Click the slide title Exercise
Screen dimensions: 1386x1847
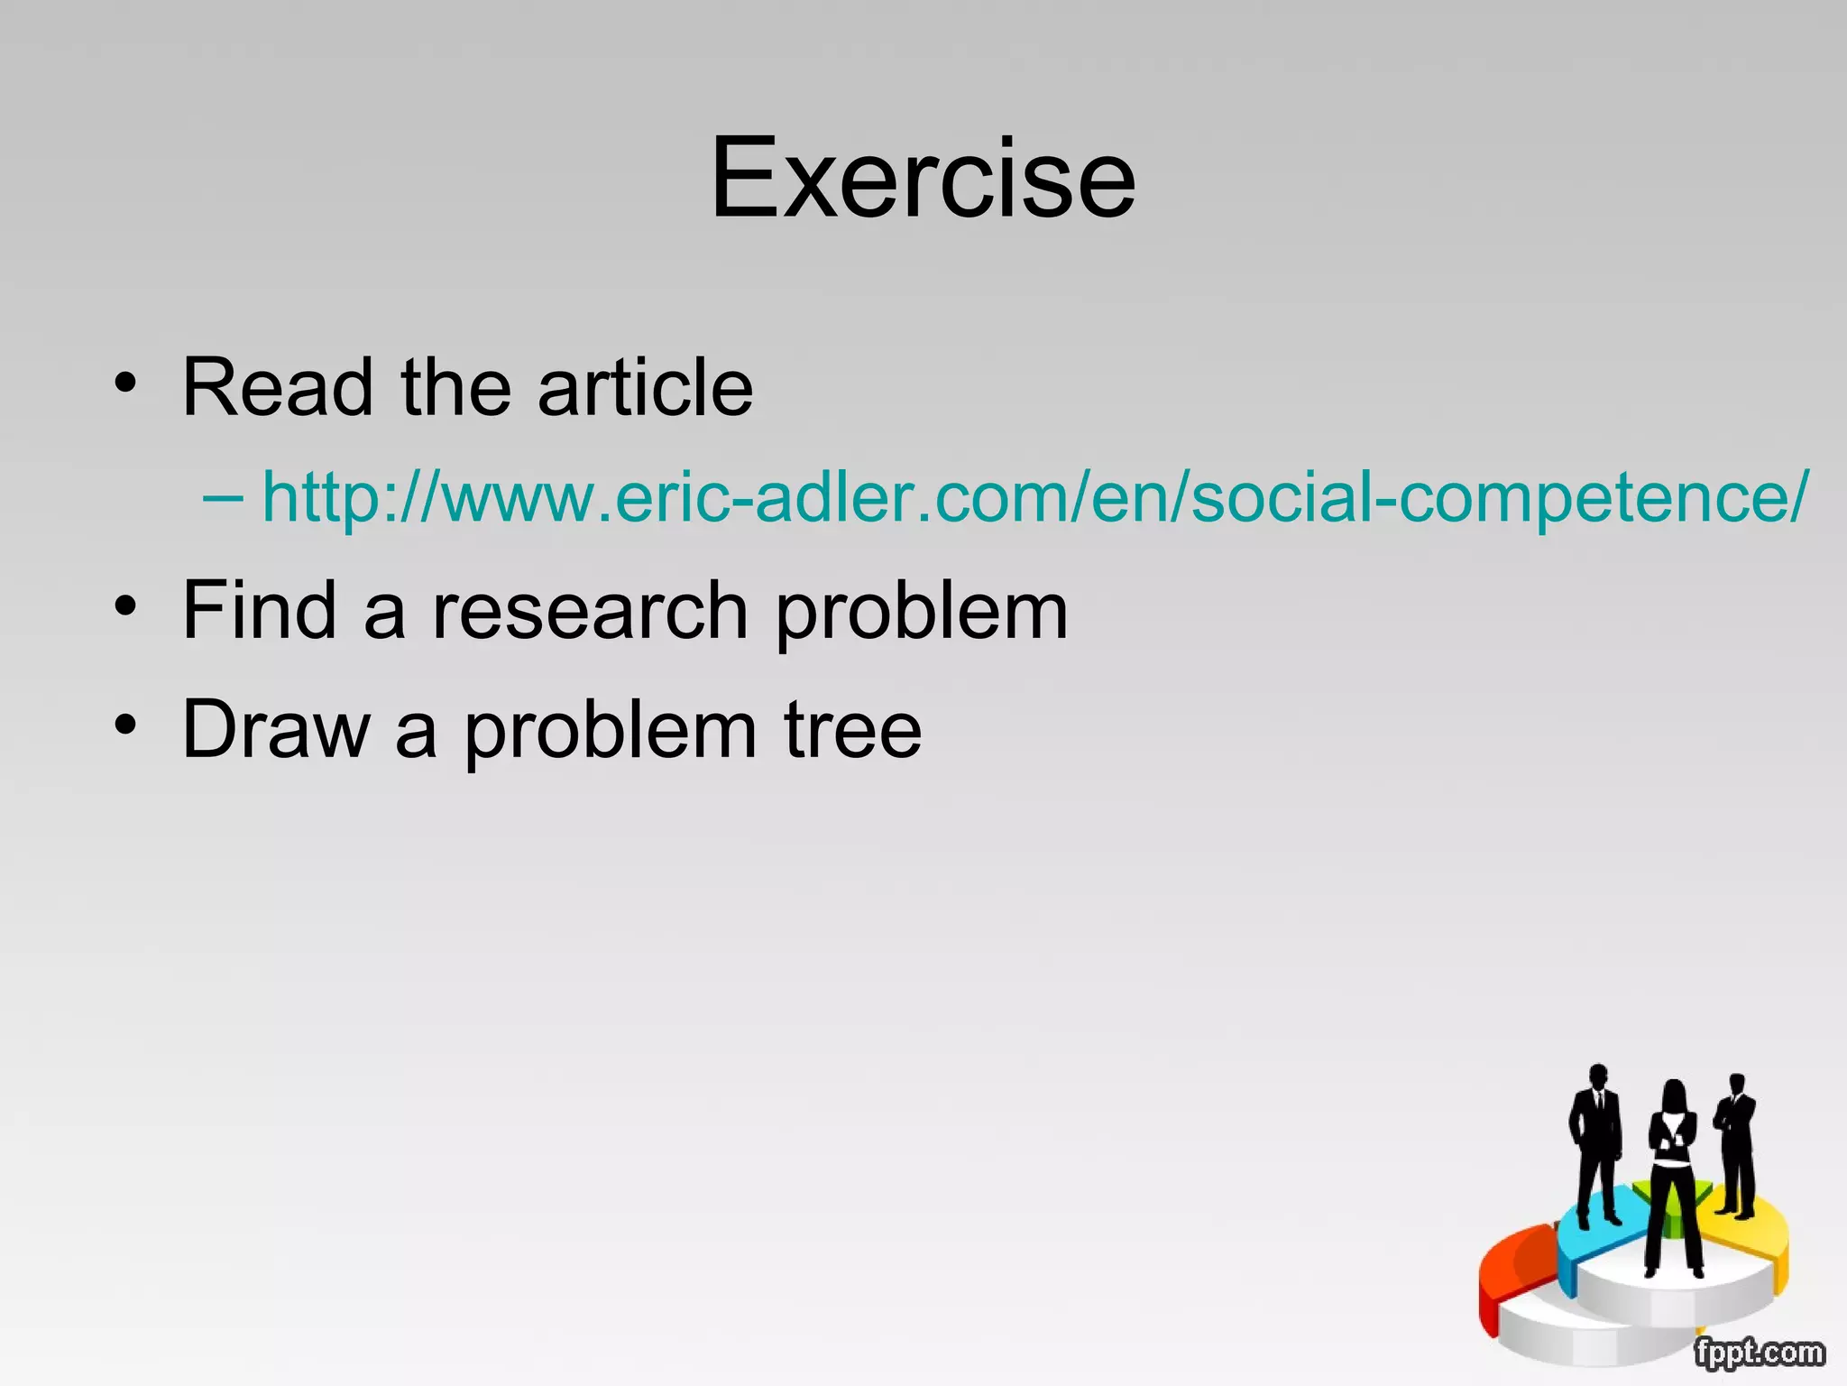[923, 178]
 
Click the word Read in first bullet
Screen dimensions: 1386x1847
[278, 388]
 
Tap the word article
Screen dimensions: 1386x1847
[645, 388]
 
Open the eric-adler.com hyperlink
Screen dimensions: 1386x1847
[1034, 497]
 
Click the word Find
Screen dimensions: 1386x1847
[260, 611]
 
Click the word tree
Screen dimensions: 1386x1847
[852, 730]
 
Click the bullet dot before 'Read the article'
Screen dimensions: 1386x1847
[125, 383]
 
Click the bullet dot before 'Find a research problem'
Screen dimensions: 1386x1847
[125, 605]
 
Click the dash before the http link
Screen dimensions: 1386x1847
[222, 497]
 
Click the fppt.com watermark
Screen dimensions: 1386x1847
[1759, 1353]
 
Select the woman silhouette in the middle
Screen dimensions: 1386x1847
[1673, 1173]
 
